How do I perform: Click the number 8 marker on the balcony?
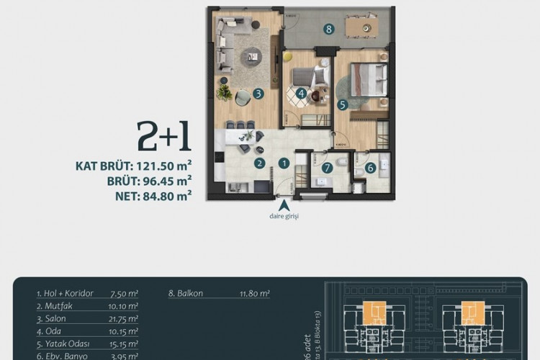coord(328,30)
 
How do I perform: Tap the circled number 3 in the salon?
coord(258,94)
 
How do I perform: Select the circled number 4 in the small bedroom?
coord(301,93)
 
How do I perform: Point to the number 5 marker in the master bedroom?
coord(343,104)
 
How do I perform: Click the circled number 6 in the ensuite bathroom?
coord(370,168)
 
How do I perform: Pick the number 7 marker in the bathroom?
coord(328,168)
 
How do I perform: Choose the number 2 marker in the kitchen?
coord(258,163)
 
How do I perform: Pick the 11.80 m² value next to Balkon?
coord(254,294)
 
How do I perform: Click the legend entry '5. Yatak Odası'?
coord(63,344)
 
